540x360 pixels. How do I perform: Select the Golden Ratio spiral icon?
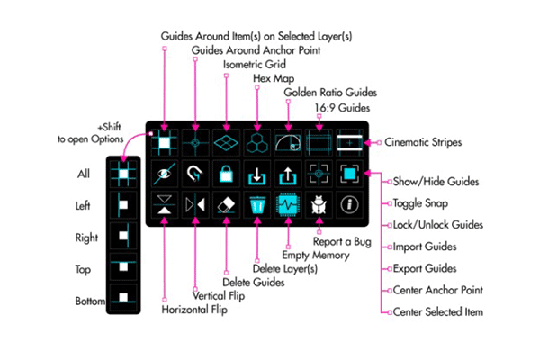288,141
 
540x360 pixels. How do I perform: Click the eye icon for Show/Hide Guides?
164,173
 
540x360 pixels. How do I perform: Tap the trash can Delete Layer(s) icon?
256,204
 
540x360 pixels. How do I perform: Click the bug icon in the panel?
318,204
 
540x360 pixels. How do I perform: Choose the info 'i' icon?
348,204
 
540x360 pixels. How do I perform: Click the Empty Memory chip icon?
287,204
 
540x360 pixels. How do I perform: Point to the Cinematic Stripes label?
422,141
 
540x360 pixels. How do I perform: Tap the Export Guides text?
427,267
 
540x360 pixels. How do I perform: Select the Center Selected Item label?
437,310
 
